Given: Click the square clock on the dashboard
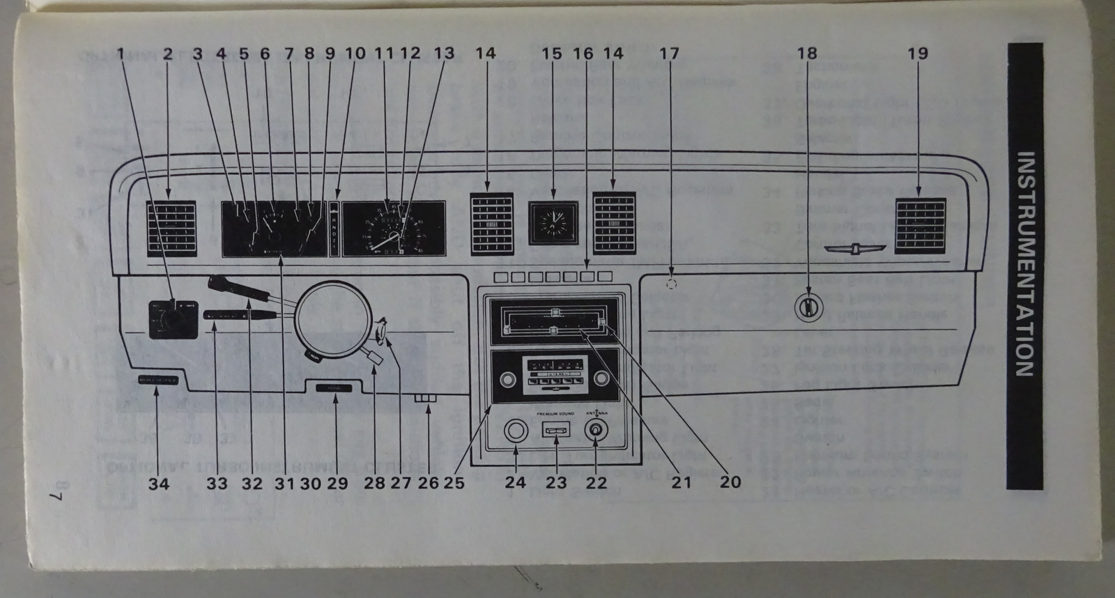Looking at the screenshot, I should coord(553,223).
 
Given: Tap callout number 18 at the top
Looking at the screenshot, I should coord(807,53).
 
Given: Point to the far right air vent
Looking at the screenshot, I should coord(921,226).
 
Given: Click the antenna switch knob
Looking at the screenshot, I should coord(596,431).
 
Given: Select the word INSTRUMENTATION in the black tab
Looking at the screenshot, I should coord(1024,265).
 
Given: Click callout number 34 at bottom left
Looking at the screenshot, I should coord(159,482).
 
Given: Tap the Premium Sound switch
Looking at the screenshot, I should coord(555,431).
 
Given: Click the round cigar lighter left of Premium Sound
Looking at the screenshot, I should coord(515,431).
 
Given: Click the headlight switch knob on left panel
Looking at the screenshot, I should coord(168,320).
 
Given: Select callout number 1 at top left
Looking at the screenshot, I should coord(120,53).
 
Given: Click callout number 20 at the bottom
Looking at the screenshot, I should coord(730,482).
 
